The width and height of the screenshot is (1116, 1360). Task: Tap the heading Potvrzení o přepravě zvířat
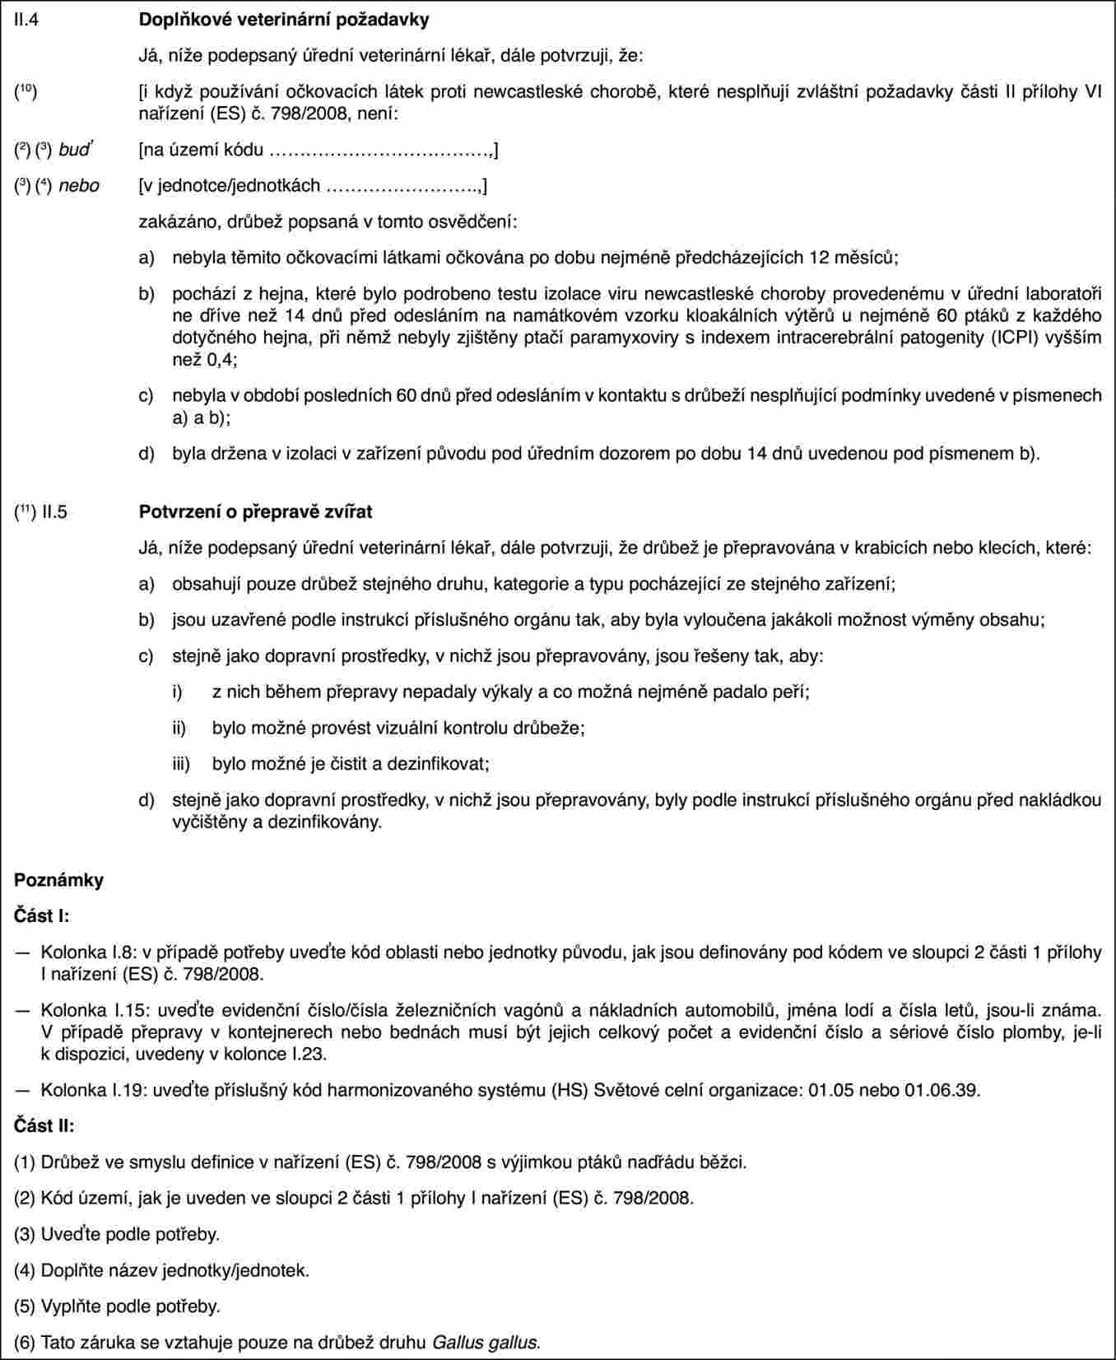pos(254,512)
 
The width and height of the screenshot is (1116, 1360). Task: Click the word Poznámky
pos(59,880)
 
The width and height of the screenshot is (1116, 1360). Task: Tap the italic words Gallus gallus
pos(486,1343)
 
